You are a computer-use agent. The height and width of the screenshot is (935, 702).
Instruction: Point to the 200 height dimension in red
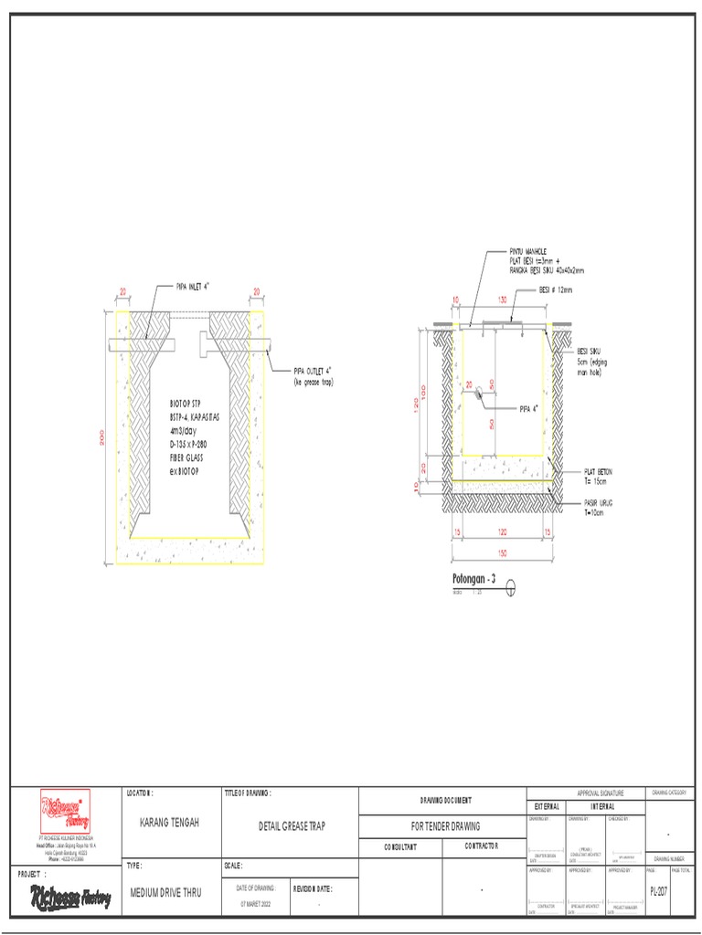[102, 438]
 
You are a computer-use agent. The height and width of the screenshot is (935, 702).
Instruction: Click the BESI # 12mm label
[554, 290]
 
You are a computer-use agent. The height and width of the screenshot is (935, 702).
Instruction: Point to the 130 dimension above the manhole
[502, 299]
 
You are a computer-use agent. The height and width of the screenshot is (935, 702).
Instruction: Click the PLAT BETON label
[598, 472]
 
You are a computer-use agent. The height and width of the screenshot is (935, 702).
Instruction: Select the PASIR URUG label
[598, 502]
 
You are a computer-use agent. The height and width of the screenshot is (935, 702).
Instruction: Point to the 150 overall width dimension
[502, 553]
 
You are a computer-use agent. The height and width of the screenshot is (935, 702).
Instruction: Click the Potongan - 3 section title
[473, 580]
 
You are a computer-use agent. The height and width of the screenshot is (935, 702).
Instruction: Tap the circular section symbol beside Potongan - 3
[510, 587]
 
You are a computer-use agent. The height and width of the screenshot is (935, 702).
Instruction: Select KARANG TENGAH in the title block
[168, 824]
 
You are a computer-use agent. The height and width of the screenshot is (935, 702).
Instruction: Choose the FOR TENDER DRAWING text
[442, 825]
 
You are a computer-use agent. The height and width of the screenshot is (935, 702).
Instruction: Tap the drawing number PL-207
[658, 890]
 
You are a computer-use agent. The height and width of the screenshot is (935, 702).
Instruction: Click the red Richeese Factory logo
[62, 811]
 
